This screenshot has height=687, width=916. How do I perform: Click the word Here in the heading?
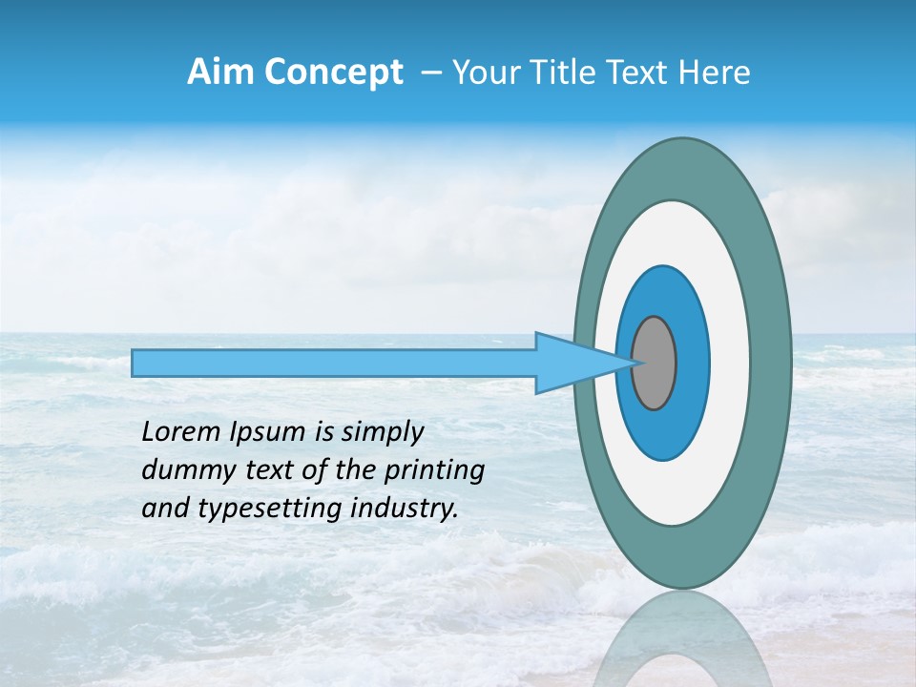click(716, 73)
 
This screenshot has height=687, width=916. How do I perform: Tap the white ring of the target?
click(730, 364)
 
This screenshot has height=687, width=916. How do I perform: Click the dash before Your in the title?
click(430, 73)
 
